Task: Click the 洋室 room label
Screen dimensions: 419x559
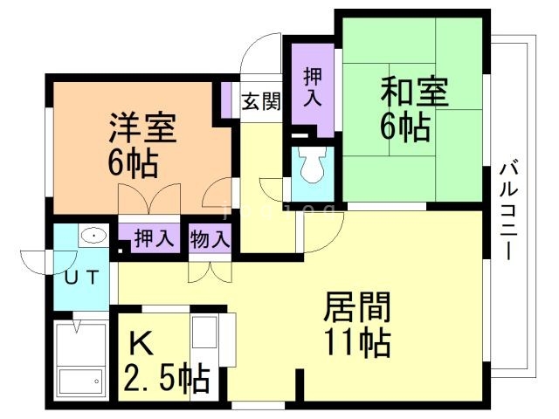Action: [142, 128]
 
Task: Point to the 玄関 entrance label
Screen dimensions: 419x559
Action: [261, 100]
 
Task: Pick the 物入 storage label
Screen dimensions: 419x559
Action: [210, 237]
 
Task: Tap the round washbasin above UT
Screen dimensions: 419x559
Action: [92, 236]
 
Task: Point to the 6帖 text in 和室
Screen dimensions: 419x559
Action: [404, 127]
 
